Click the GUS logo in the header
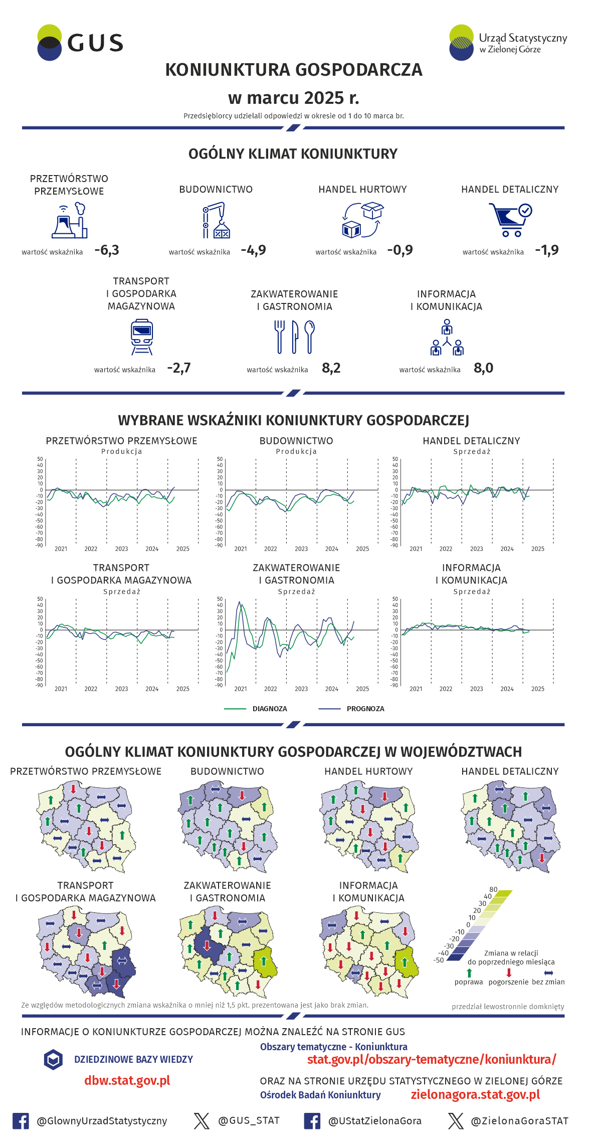click(x=80, y=43)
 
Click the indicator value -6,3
click(x=107, y=250)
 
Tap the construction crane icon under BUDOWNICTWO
click(x=216, y=220)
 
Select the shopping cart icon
click(x=510, y=220)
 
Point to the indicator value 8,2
click(x=331, y=368)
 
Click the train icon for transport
click(x=142, y=338)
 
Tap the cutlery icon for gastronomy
click(x=294, y=337)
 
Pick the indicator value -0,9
click(x=400, y=250)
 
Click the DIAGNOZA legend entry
click(x=270, y=709)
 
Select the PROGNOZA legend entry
click(x=365, y=709)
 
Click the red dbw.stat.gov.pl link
click(x=127, y=1080)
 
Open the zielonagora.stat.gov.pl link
click(x=475, y=1094)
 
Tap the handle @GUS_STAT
click(x=249, y=1120)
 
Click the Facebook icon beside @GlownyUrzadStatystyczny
click(x=21, y=1121)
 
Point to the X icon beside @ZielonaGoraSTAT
click(x=456, y=1121)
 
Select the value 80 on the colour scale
click(x=493, y=889)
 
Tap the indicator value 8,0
click(x=483, y=368)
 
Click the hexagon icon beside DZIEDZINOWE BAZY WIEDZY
click(x=53, y=1059)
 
